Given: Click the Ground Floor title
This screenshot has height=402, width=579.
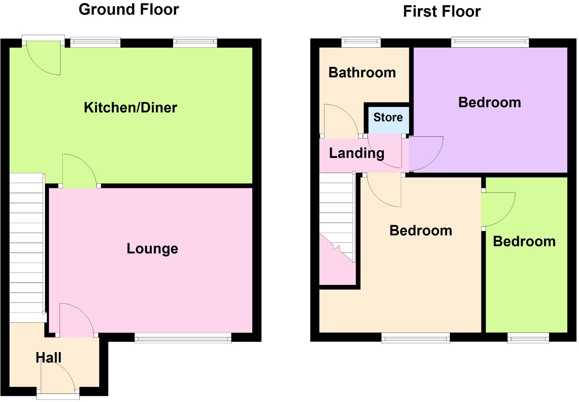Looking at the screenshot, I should click(x=129, y=9).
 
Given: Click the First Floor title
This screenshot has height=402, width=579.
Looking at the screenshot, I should click(x=442, y=11).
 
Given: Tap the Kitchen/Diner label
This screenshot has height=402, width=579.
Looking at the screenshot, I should click(x=130, y=108).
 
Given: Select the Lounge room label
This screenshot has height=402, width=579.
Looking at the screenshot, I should click(x=152, y=249).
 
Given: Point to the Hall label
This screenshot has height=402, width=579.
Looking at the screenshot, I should click(x=48, y=358).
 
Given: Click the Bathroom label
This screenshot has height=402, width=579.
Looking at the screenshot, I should click(x=362, y=72).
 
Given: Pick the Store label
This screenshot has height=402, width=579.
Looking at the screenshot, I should click(x=388, y=117).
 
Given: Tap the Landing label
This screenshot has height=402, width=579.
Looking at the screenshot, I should click(x=357, y=153).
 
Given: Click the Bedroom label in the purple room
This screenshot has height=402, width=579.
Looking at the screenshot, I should click(x=489, y=102).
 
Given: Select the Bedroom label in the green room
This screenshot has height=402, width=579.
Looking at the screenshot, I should click(x=524, y=241).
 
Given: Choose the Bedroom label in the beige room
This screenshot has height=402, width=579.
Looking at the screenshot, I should click(x=421, y=231).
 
